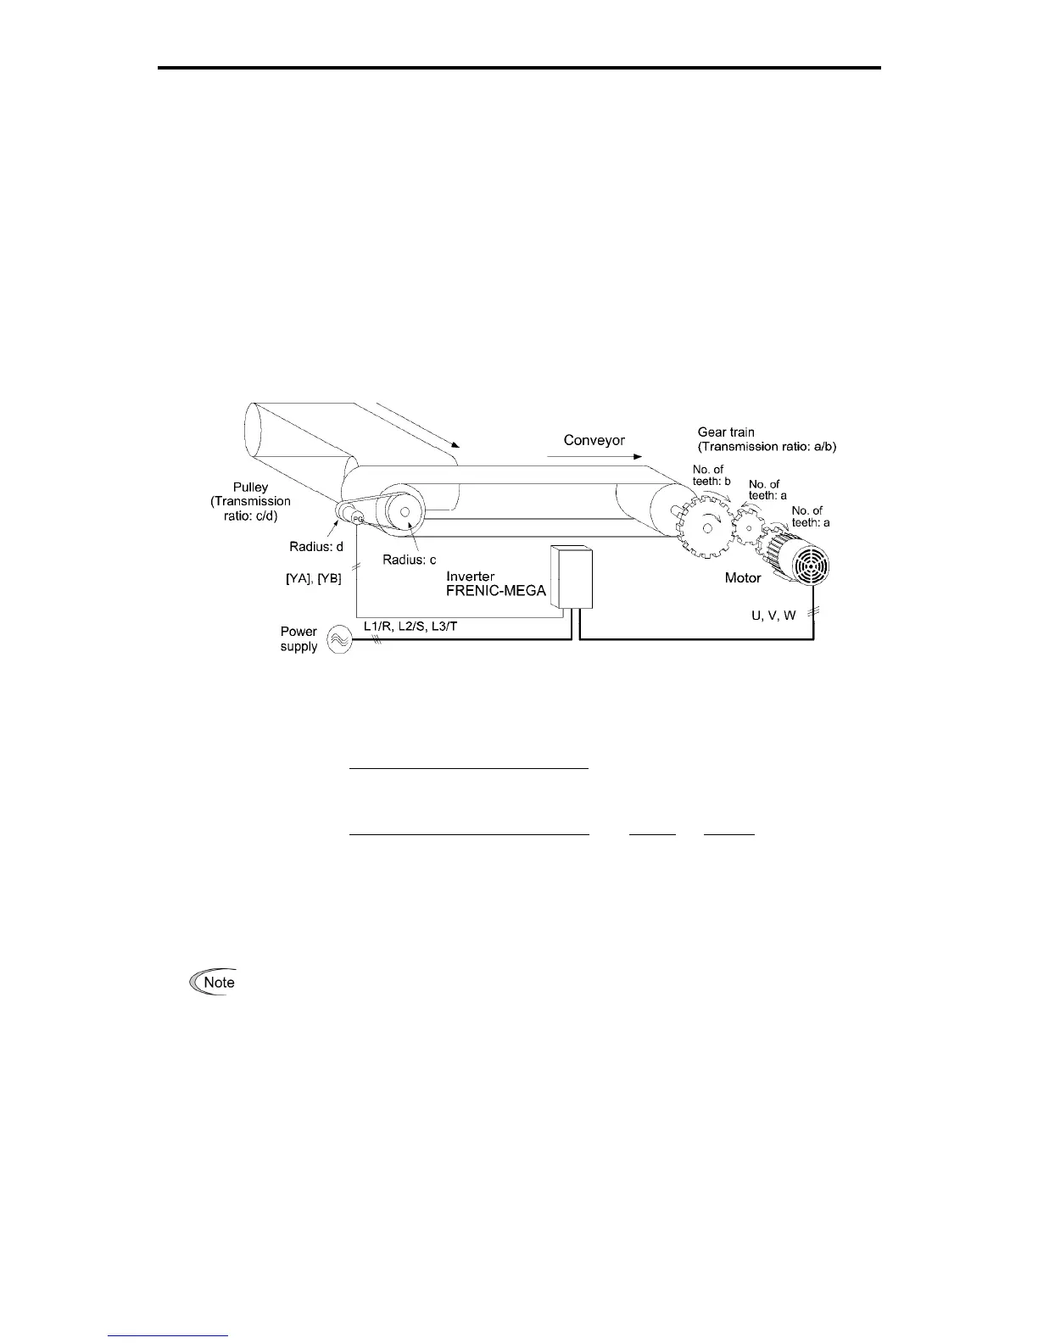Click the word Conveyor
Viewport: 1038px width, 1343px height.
point(594,441)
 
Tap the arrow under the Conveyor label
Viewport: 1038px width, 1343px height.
point(594,455)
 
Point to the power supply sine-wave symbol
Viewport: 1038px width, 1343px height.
point(337,639)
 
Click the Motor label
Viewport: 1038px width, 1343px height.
point(744,578)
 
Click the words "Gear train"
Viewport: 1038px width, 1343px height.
point(725,432)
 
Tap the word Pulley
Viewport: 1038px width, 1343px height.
point(250,487)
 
